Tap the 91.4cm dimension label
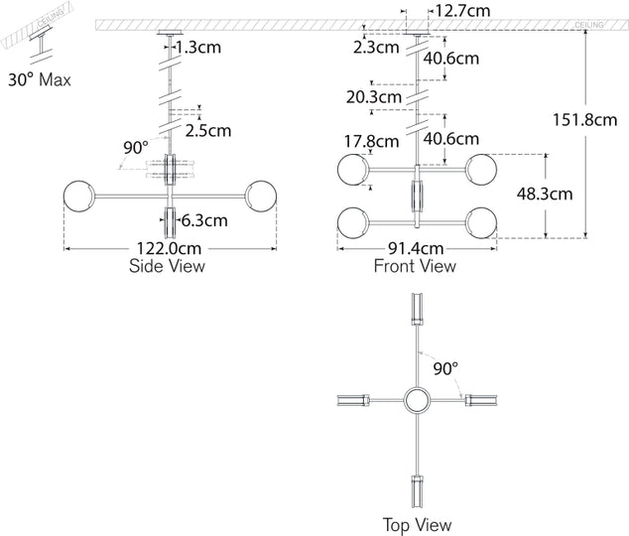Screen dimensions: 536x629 pos(415,249)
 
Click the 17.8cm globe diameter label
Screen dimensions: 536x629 pos(369,141)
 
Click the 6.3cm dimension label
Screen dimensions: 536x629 pos(204,219)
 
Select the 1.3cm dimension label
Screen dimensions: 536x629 pos(198,46)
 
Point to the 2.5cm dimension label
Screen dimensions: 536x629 pos(209,130)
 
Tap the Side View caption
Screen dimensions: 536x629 pos(167,266)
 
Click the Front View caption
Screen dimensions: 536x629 pos(415,266)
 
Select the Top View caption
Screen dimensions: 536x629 pos(417,524)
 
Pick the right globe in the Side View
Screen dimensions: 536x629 pos(262,195)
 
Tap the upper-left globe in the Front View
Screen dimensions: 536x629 pos(352,169)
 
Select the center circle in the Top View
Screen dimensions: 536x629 pos(417,401)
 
